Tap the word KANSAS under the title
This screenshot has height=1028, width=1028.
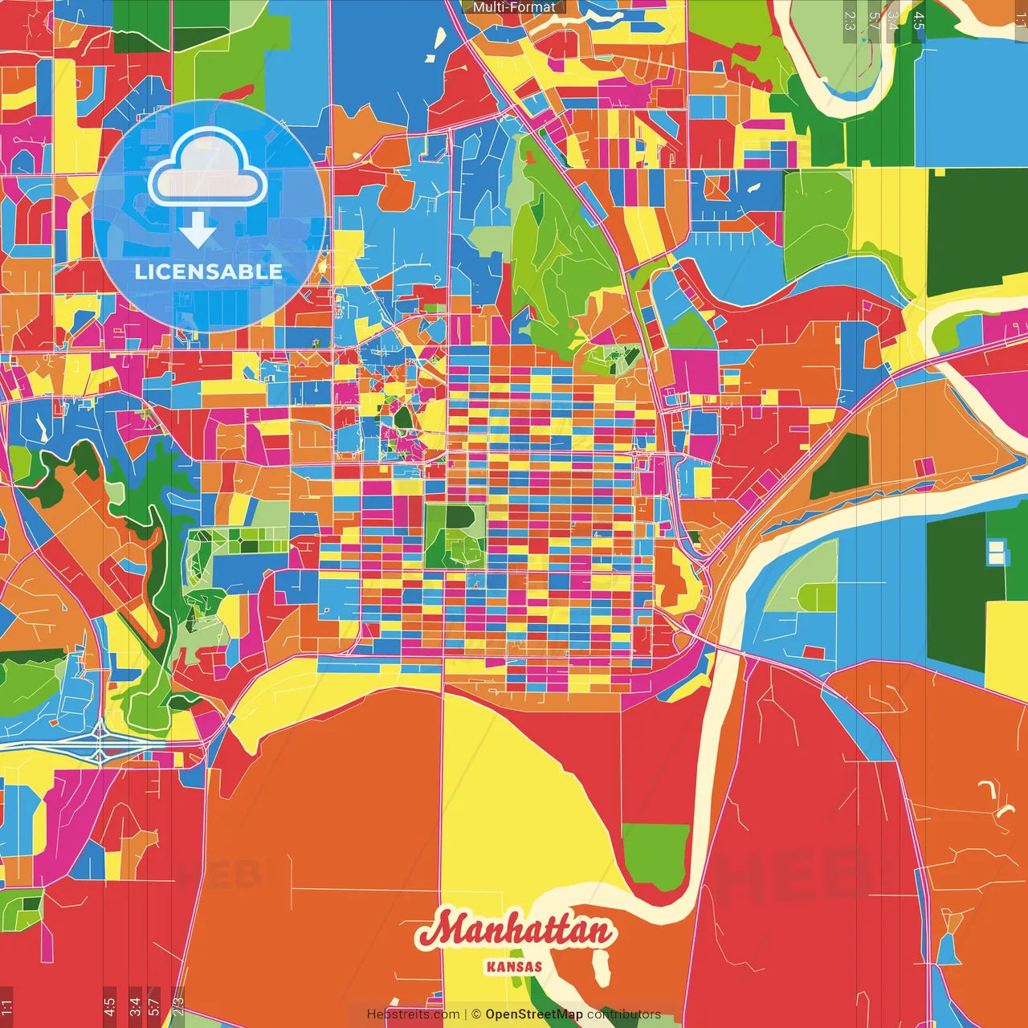[x=514, y=967]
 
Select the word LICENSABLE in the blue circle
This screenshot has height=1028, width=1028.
[x=208, y=271]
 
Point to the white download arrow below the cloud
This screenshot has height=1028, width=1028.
[x=197, y=229]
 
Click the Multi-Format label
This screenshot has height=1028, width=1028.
[x=514, y=7]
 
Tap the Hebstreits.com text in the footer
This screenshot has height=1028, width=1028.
[x=413, y=1014]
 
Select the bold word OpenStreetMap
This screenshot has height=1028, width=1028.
[x=533, y=1014]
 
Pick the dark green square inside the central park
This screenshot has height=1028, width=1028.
[x=459, y=517]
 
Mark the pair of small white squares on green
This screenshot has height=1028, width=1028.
[x=997, y=553]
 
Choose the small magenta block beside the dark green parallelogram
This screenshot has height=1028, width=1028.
[x=924, y=467]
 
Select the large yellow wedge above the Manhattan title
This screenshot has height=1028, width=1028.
[x=514, y=803]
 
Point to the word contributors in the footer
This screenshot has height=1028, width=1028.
[x=624, y=1014]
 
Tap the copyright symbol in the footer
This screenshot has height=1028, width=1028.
[x=475, y=1014]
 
